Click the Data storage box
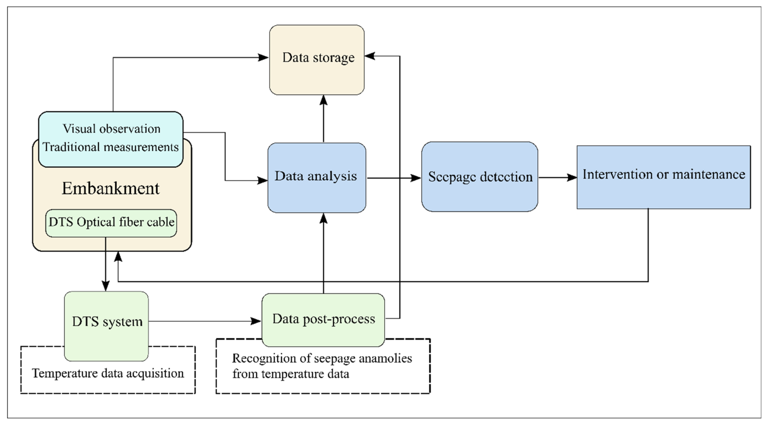click(317, 60)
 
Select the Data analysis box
click(317, 178)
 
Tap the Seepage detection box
click(480, 177)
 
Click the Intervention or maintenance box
click(664, 177)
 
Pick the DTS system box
click(106, 326)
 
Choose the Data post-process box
click(323, 320)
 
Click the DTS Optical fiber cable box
click(111, 223)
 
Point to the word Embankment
click(111, 188)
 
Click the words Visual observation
click(111, 129)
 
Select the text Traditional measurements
click(111, 147)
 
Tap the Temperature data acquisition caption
click(108, 373)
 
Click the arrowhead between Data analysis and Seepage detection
click(416, 178)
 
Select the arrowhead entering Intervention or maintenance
click(572, 178)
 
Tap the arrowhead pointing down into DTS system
click(106, 286)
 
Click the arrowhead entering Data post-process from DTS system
click(256, 321)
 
